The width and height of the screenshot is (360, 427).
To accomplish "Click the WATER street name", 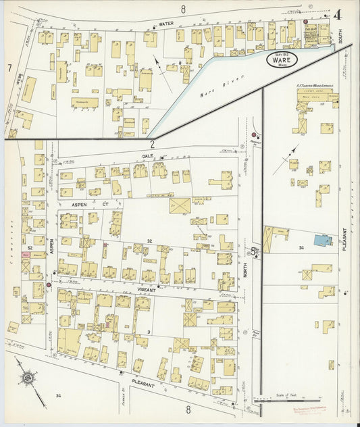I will tap(166, 24).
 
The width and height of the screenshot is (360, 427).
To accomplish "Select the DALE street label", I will tap(149, 156).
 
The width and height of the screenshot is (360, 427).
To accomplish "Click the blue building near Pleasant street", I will tap(322, 241).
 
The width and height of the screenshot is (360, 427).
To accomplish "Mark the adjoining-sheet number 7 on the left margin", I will tap(9, 68).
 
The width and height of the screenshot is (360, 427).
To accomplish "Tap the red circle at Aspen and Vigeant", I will tap(49, 285).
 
